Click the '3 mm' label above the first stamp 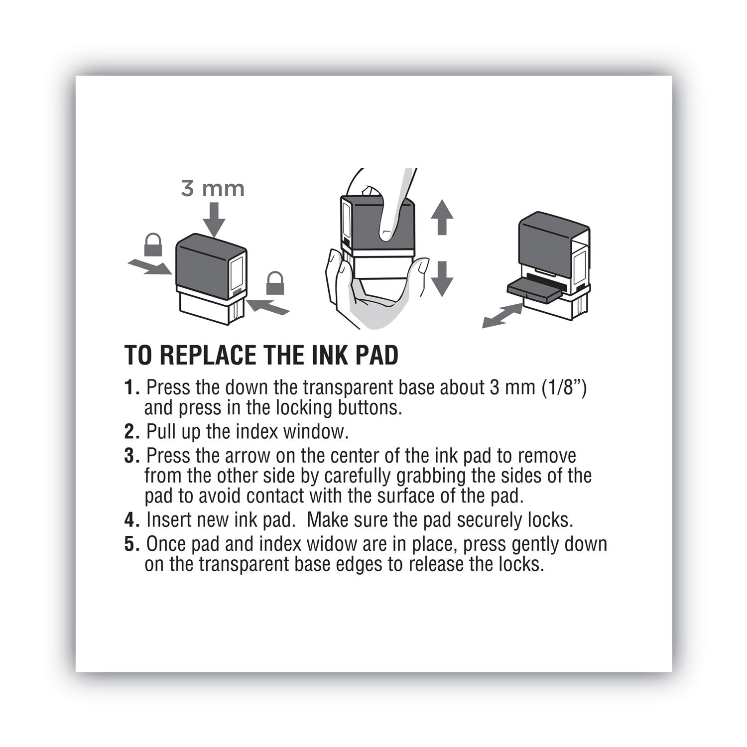click(213, 189)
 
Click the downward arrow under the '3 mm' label click(214, 220)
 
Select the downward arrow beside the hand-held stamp click(441, 279)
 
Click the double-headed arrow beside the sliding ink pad click(502, 317)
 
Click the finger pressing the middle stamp click(393, 209)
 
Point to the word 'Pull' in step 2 click(161, 432)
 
